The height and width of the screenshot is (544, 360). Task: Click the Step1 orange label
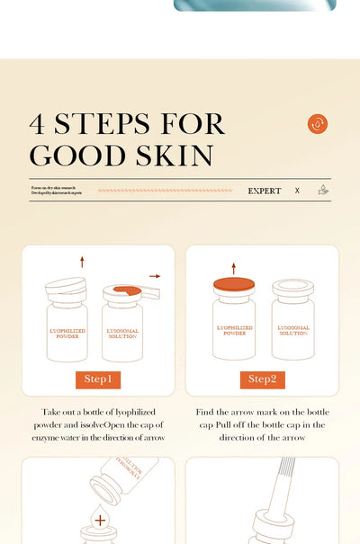click(x=98, y=379)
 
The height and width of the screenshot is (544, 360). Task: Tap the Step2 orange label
click(x=262, y=379)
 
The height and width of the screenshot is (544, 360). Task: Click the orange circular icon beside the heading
click(x=317, y=124)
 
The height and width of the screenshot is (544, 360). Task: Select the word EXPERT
click(x=265, y=191)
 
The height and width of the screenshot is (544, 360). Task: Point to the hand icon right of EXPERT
click(x=323, y=191)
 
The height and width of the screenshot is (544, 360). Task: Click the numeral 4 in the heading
click(x=39, y=124)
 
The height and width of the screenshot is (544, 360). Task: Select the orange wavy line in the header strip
click(x=165, y=191)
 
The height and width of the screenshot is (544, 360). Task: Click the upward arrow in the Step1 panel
click(x=82, y=262)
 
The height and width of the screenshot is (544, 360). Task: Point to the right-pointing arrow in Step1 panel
click(x=155, y=276)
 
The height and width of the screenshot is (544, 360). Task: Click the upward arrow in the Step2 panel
click(x=234, y=268)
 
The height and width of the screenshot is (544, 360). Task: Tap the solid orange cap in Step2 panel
click(x=234, y=284)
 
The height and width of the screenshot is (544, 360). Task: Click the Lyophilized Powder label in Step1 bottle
click(x=68, y=333)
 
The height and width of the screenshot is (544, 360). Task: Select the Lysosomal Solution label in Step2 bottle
click(x=293, y=331)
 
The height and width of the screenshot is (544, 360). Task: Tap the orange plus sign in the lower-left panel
click(x=99, y=520)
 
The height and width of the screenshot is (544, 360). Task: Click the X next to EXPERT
click(x=297, y=191)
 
